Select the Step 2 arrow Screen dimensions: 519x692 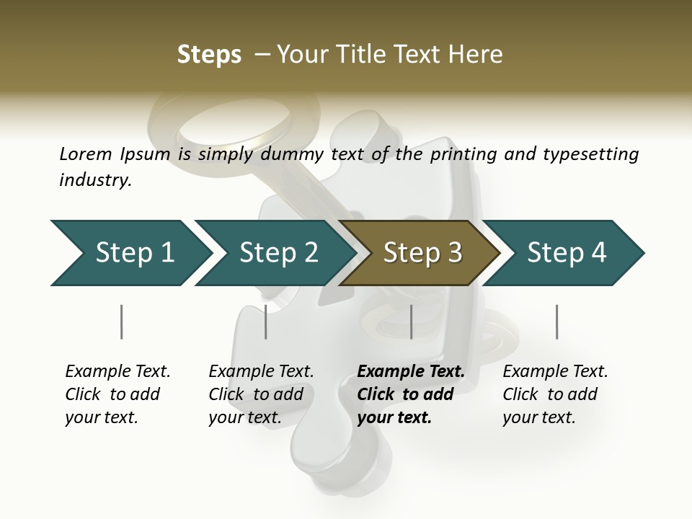[278, 253]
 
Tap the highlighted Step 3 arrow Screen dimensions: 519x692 [422, 253]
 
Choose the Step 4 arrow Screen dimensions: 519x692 [566, 253]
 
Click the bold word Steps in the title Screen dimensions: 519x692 [209, 54]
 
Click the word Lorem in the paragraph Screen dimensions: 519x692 [86, 154]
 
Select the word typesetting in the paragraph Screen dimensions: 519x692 [591, 154]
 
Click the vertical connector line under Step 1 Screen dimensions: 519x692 [121, 321]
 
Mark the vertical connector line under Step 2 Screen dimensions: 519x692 [266, 321]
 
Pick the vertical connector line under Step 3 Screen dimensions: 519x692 [411, 321]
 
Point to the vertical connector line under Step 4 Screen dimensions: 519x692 [556, 321]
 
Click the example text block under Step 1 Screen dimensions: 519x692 [117, 394]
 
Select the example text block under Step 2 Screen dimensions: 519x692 [261, 394]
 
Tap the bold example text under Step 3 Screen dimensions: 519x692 [411, 394]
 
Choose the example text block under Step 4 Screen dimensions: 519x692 [555, 394]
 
